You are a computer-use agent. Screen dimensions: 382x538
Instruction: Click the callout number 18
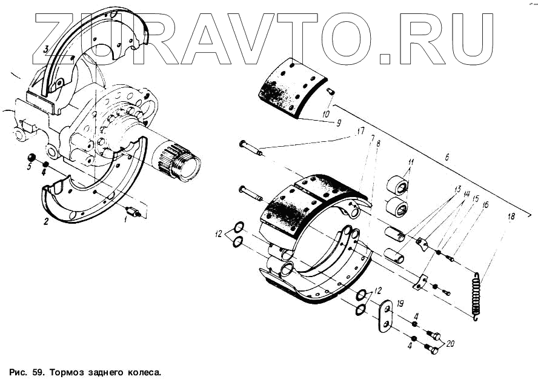click(511, 216)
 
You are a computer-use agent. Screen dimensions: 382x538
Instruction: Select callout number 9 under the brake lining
click(338, 122)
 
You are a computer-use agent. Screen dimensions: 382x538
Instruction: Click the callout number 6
click(447, 158)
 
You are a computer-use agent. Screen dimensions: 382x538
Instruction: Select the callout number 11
click(410, 163)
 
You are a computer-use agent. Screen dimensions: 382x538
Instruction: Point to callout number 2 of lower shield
click(45, 221)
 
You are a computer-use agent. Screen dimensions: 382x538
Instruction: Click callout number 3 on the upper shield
click(45, 48)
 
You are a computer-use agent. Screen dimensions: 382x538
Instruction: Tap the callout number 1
click(125, 221)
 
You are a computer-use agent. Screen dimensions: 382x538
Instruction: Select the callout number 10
click(326, 113)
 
